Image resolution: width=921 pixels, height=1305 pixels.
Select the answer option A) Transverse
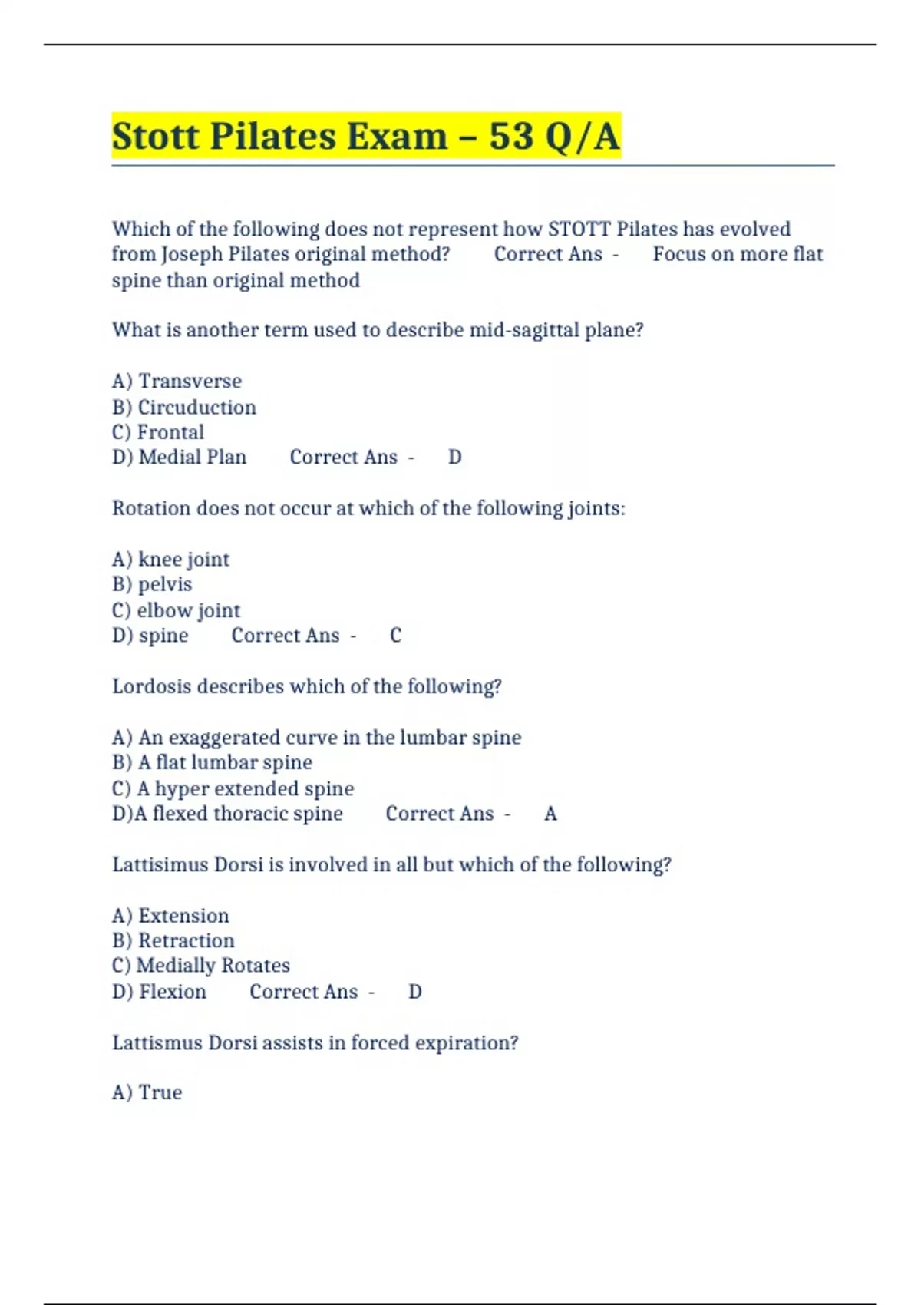tap(177, 381)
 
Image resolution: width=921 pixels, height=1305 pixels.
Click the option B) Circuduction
tap(184, 407)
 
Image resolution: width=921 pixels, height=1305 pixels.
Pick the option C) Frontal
tap(158, 432)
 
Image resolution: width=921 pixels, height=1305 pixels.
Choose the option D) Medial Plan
tap(180, 458)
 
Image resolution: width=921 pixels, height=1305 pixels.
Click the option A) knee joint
tap(170, 559)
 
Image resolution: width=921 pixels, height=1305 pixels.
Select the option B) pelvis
tap(152, 584)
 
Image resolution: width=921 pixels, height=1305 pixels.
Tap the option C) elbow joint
tap(176, 610)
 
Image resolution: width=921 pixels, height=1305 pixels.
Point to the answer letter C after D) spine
tap(395, 636)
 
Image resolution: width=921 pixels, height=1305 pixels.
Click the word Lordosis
tap(152, 686)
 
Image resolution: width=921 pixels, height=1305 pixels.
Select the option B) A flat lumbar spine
tap(212, 762)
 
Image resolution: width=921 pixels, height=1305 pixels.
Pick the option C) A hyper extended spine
tap(233, 788)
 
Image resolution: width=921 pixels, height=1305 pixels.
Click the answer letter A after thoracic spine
tap(550, 814)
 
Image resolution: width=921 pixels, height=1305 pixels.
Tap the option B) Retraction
tap(173, 940)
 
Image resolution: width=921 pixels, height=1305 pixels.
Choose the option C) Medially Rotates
tap(201, 966)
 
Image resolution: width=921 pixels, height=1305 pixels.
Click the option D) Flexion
tap(159, 992)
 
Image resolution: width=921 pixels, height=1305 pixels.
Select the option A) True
tap(147, 1092)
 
